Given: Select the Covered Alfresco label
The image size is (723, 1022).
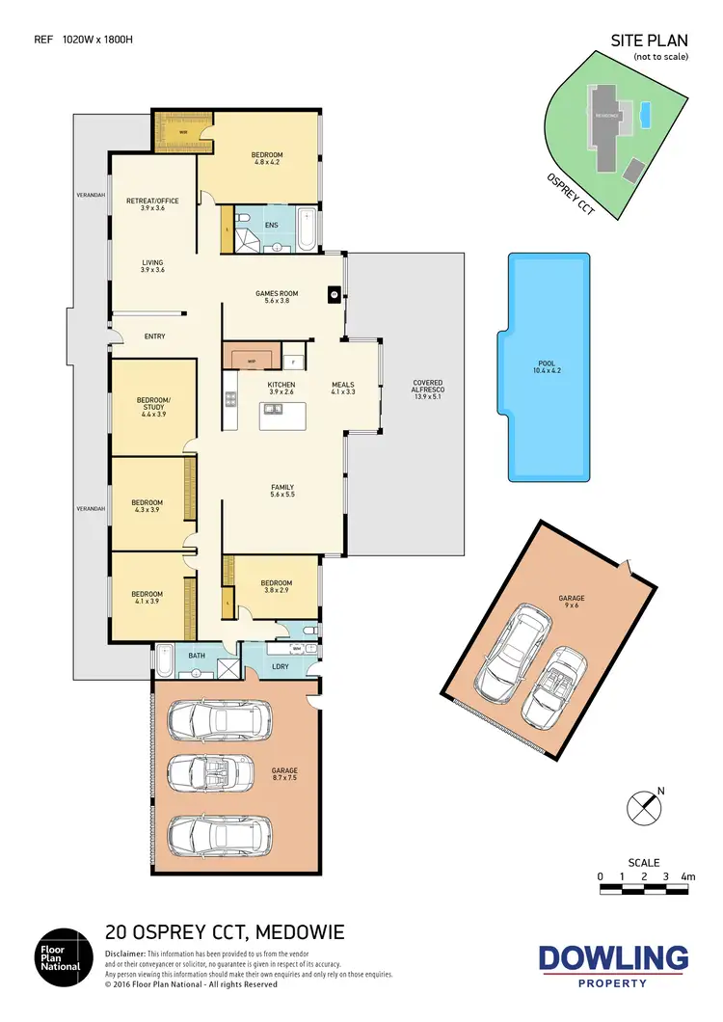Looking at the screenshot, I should point(427,389).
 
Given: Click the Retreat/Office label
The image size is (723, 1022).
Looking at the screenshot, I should point(152,204).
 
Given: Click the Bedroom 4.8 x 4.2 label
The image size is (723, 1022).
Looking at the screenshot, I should point(266,159).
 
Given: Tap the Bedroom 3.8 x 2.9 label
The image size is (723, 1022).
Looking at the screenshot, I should point(276,586).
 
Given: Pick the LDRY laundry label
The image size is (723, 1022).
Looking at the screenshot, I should point(281,666).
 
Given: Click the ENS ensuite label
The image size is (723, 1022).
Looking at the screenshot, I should point(272,226).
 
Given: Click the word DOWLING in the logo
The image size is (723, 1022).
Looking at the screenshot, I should point(613,958).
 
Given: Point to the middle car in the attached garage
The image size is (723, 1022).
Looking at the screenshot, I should point(220,770).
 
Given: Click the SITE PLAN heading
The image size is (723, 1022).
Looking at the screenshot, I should point(649,40).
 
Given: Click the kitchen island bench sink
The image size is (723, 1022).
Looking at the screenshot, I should point(273,410).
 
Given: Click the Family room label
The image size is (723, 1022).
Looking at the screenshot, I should point(282,491).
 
